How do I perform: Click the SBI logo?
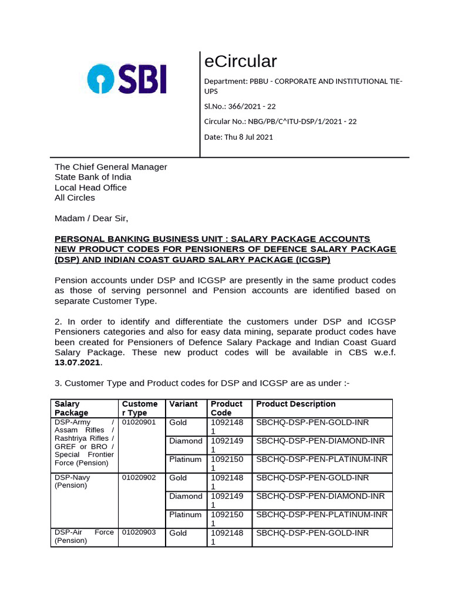click(127, 79)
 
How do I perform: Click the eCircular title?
click(240, 61)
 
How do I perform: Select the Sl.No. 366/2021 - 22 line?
click(240, 106)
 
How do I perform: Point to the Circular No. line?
click(280, 121)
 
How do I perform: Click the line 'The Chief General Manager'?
click(111, 167)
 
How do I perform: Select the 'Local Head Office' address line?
click(90, 187)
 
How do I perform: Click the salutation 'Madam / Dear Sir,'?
click(91, 218)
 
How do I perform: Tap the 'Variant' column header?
click(183, 404)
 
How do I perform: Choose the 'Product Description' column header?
click(296, 404)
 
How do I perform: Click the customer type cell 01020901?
click(139, 423)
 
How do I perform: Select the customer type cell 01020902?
click(139, 478)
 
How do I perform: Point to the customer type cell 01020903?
click(139, 533)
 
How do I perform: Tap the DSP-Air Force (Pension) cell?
click(84, 536)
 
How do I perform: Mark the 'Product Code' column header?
click(227, 408)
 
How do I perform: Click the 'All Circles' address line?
click(75, 198)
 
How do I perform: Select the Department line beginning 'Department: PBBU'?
click(302, 86)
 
